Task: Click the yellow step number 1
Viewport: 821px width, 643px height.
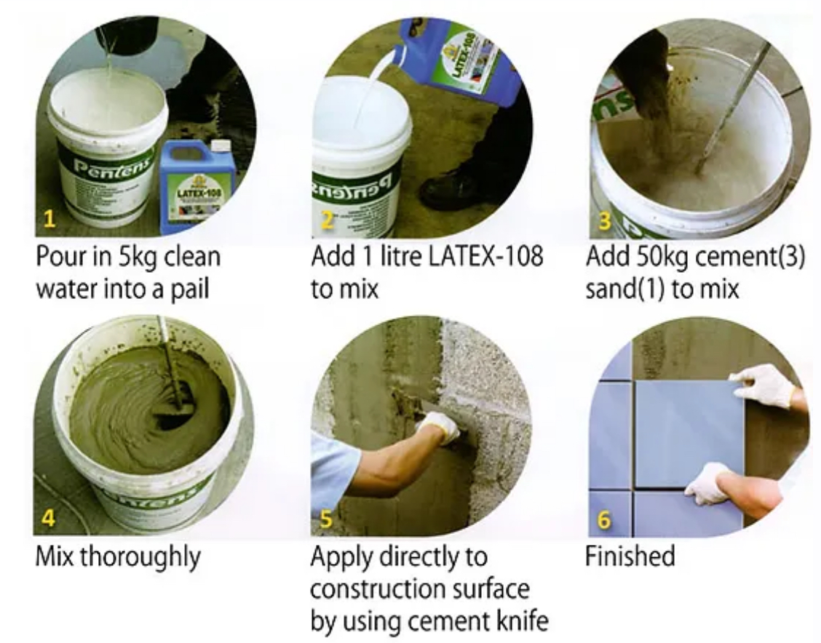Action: pos(49,219)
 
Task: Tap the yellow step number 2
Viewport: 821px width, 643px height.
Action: pos(328,220)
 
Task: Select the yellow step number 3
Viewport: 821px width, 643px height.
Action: pos(605,220)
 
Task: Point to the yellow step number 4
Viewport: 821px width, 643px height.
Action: pos(48,518)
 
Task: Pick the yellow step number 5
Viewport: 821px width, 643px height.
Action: pos(325,519)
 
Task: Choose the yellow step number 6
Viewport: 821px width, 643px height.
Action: pos(603,519)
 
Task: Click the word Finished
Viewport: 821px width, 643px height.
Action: pos(630,556)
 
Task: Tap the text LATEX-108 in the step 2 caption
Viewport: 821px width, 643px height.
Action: pos(485,256)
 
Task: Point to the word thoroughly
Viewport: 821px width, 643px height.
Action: pos(140,557)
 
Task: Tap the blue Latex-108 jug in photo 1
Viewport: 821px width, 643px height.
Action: pos(191,185)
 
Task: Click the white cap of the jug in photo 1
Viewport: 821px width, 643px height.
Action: pos(218,146)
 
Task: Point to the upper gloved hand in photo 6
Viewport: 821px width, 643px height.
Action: pos(764,385)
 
